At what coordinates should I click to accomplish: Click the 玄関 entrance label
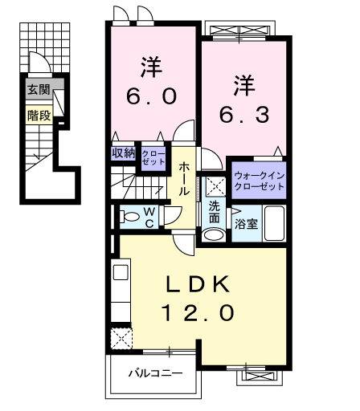[x=39, y=89]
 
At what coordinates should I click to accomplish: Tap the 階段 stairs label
[x=39, y=116]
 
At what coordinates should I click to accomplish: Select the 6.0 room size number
[x=152, y=96]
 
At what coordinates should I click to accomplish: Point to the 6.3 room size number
[x=244, y=115]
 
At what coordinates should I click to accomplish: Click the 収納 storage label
[x=124, y=153]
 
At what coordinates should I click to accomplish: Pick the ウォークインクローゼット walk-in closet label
[x=259, y=181]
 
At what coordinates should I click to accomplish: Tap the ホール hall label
[x=184, y=178]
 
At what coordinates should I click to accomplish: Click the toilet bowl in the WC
[x=129, y=217]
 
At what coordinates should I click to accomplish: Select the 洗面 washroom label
[x=215, y=212]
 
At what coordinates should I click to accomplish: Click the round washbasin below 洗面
[x=214, y=235]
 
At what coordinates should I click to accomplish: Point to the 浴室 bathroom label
[x=247, y=224]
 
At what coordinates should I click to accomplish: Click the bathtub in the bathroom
[x=274, y=223]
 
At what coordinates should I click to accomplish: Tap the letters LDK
[x=198, y=284]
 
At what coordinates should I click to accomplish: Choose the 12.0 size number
[x=198, y=313]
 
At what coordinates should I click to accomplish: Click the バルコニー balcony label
[x=156, y=372]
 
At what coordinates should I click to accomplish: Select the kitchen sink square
[x=121, y=272]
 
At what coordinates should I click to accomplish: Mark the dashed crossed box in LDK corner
[x=121, y=338]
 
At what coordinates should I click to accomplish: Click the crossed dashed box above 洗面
[x=216, y=186]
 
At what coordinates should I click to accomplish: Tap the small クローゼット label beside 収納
[x=153, y=158]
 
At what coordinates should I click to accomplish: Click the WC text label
[x=149, y=218]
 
